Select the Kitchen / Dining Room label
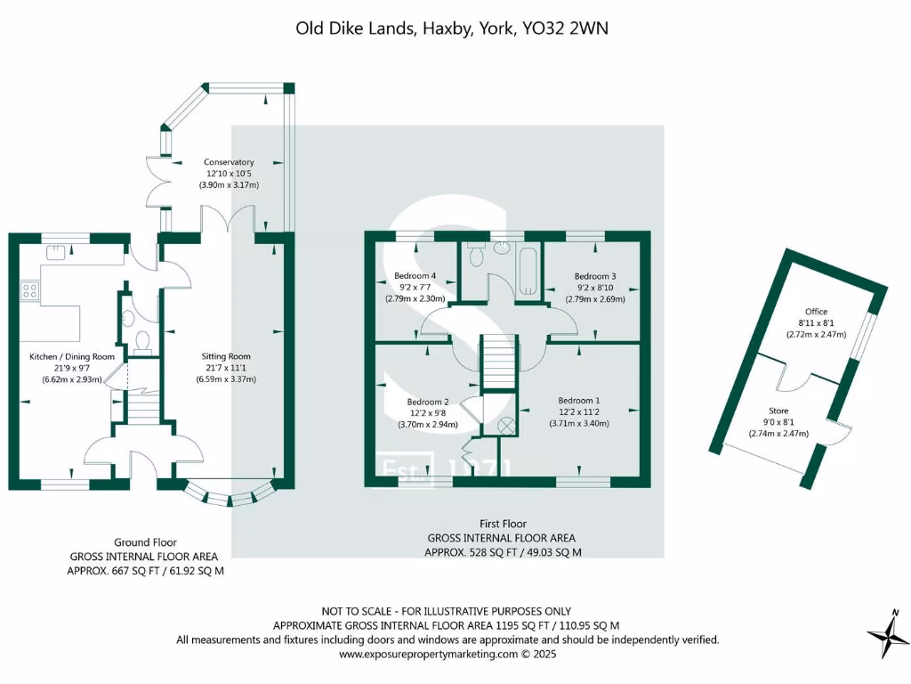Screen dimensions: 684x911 pos(72,356)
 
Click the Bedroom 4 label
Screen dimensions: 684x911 pos(414,276)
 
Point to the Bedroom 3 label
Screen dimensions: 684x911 pos(595,276)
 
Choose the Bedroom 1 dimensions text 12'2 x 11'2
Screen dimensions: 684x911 pos(579,412)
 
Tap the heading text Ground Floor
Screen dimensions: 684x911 pos(145,541)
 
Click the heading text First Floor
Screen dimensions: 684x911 pos(502,524)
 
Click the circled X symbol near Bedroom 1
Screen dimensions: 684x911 pos(507,425)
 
